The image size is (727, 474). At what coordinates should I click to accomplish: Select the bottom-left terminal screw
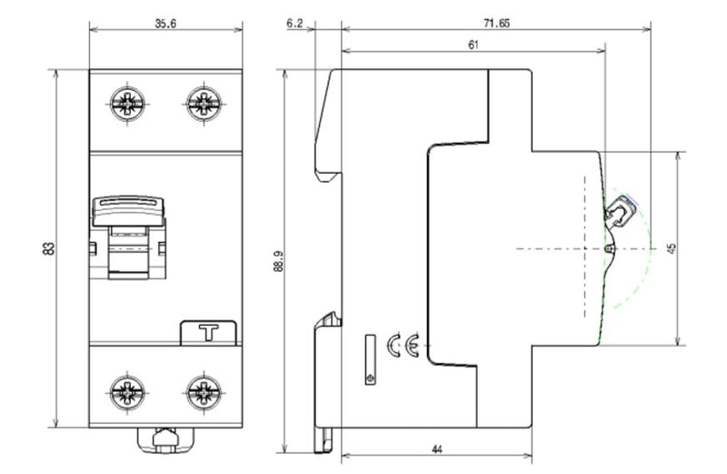pos(125,393)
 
